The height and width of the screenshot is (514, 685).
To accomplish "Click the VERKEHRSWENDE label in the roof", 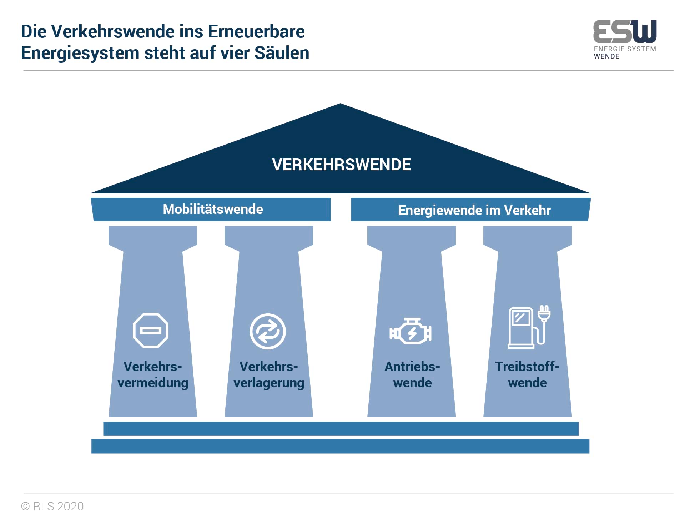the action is (x=341, y=165).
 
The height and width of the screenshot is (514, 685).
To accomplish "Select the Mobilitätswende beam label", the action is (x=213, y=209).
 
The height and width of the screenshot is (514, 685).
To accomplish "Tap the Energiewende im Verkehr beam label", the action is (x=474, y=210).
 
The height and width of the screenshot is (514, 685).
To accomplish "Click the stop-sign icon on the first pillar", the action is (x=151, y=331).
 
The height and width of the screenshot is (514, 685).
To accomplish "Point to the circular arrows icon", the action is (x=268, y=331).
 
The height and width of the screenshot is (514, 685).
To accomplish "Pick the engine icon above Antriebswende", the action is (x=411, y=331).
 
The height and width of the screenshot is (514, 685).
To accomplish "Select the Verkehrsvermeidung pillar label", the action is (x=153, y=374).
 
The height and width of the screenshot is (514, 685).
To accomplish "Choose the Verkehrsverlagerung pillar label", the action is (x=269, y=374).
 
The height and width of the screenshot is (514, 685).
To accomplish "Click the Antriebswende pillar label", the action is (x=412, y=374).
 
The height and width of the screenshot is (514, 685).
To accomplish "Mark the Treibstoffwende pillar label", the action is (x=527, y=374).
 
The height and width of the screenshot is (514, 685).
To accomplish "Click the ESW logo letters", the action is (x=625, y=31).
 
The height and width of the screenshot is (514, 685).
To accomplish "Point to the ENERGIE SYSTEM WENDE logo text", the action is (x=625, y=52).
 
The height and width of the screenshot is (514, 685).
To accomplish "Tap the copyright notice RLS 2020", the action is (x=52, y=506).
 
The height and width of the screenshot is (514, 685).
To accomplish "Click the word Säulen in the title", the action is (x=282, y=53).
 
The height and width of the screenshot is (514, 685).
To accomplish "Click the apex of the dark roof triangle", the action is (x=340, y=104).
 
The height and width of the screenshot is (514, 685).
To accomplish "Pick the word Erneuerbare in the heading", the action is (x=256, y=31).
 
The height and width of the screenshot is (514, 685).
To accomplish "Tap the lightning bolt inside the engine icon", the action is (x=412, y=333).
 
